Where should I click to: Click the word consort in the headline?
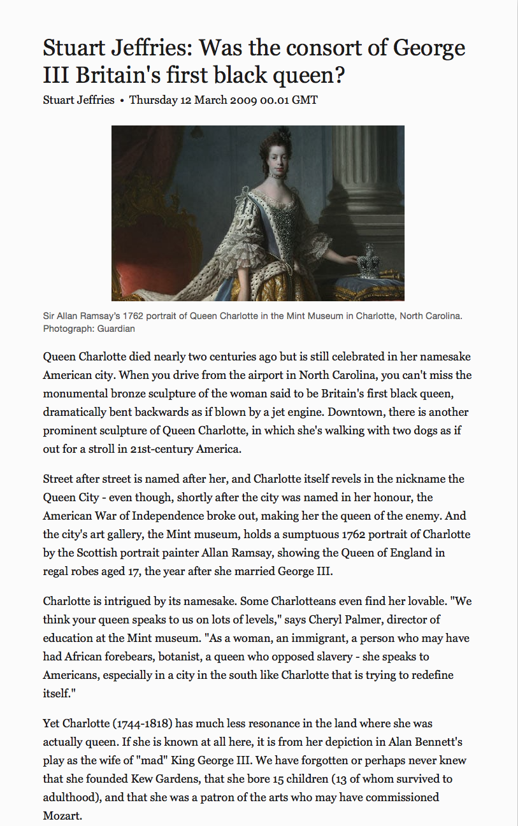(x=322, y=48)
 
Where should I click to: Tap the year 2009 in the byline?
(x=243, y=100)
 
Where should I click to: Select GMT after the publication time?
(x=305, y=100)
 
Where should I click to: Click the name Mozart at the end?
(x=62, y=816)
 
